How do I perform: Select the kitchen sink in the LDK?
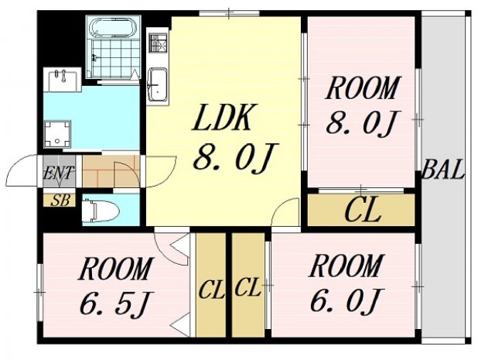pyautogui.click(x=159, y=84)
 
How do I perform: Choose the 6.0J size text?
pyautogui.click(x=346, y=300)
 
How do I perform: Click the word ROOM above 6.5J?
pyautogui.click(x=115, y=271)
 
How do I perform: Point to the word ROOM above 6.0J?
pyautogui.click(x=346, y=266)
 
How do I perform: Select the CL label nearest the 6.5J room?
pyautogui.click(x=211, y=290)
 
